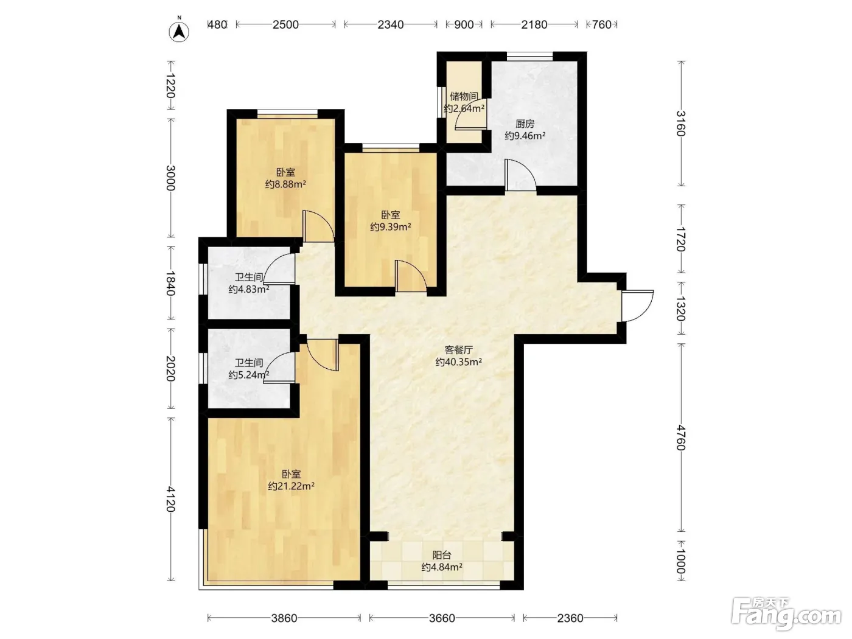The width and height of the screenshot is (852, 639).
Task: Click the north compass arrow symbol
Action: tap(179, 32)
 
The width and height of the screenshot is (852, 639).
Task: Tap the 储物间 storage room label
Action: tap(464, 96)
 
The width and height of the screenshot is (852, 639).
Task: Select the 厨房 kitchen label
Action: tap(525, 124)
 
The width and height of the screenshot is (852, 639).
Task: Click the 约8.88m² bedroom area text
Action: tap(285, 184)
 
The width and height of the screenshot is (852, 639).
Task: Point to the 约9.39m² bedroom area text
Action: tap(391, 227)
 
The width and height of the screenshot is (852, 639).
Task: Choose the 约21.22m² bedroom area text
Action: tap(291, 486)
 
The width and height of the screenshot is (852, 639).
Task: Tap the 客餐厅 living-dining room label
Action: tap(459, 350)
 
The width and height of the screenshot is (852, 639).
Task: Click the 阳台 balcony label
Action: tap(442, 555)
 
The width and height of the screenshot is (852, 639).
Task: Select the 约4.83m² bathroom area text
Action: tap(249, 290)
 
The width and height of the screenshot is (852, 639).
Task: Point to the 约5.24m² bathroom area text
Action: tap(249, 375)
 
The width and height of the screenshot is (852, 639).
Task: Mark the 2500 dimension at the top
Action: tap(285, 24)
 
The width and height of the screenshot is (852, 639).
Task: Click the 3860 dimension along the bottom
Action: tap(284, 618)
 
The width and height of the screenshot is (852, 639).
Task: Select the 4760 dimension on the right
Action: tap(681, 438)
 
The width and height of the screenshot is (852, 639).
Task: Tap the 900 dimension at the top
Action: tap(464, 24)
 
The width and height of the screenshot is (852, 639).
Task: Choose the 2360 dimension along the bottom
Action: tap(570, 618)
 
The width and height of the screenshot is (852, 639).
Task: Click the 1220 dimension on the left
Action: tap(170, 86)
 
